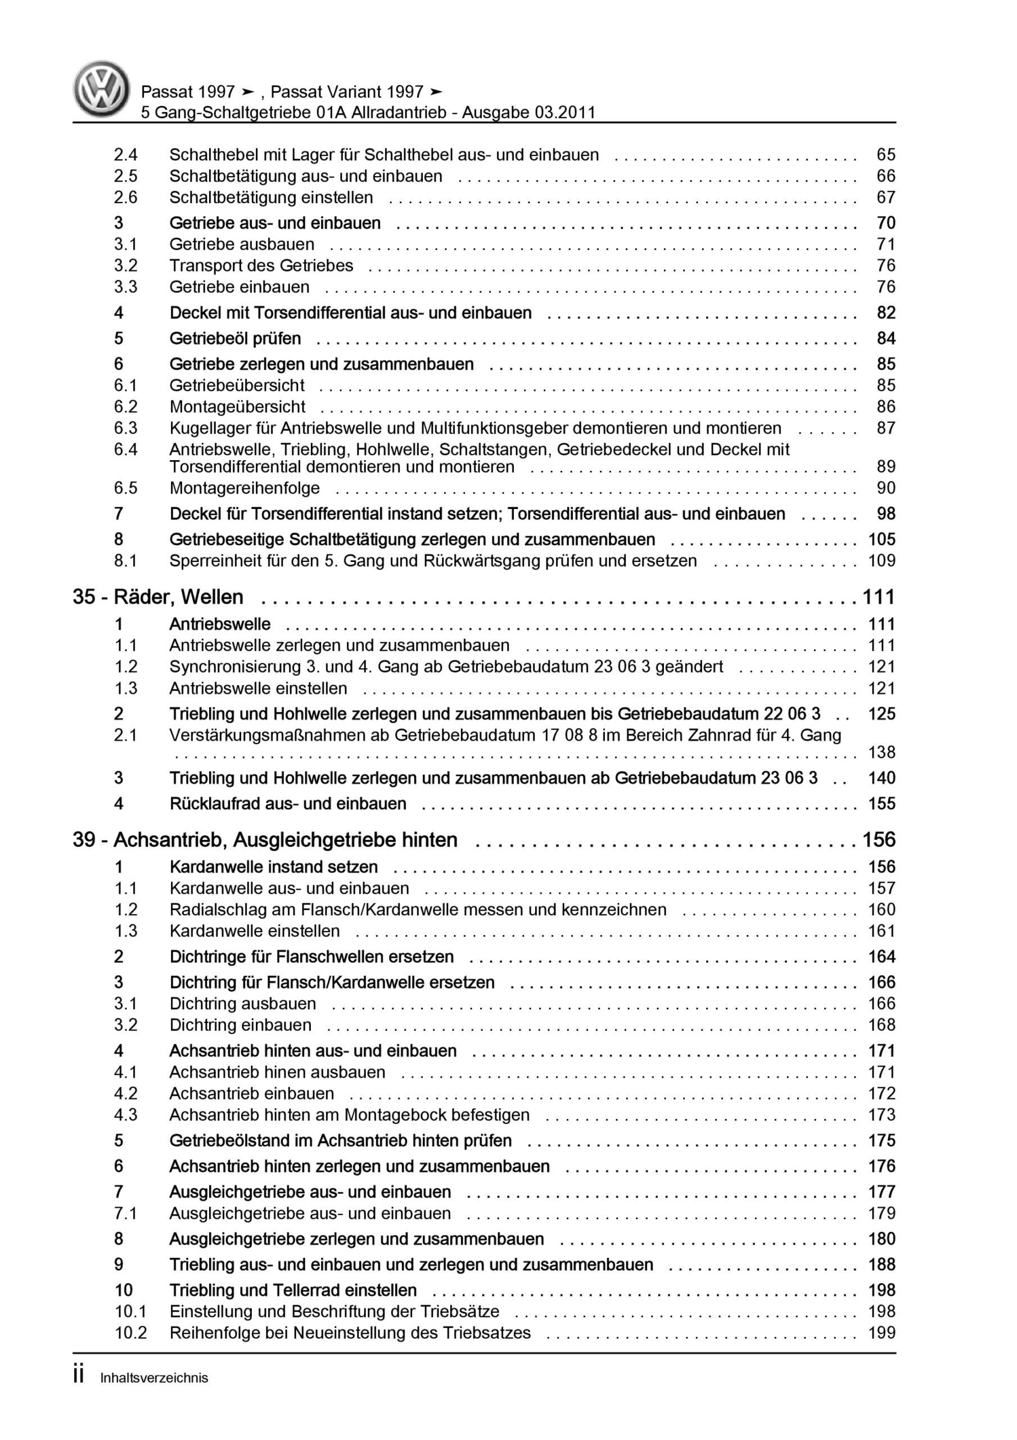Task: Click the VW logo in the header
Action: tap(101, 89)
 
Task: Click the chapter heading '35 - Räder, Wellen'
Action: tap(158, 596)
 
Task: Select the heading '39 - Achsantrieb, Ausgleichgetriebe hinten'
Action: tap(265, 839)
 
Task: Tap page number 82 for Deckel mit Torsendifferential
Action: tap(885, 312)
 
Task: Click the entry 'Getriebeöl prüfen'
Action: tap(235, 338)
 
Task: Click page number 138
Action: tap(882, 752)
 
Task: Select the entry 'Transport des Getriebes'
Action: tap(261, 265)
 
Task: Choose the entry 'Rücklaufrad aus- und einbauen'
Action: tap(288, 803)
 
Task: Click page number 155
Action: tap(882, 803)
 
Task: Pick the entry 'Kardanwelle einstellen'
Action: tap(255, 931)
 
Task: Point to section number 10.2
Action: tap(130, 1333)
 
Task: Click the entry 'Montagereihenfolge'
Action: tap(245, 488)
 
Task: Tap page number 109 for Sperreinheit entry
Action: tap(882, 561)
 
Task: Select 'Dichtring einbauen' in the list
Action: tap(240, 1025)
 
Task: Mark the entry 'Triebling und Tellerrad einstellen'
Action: tap(293, 1290)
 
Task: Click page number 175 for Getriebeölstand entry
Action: tap(882, 1140)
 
